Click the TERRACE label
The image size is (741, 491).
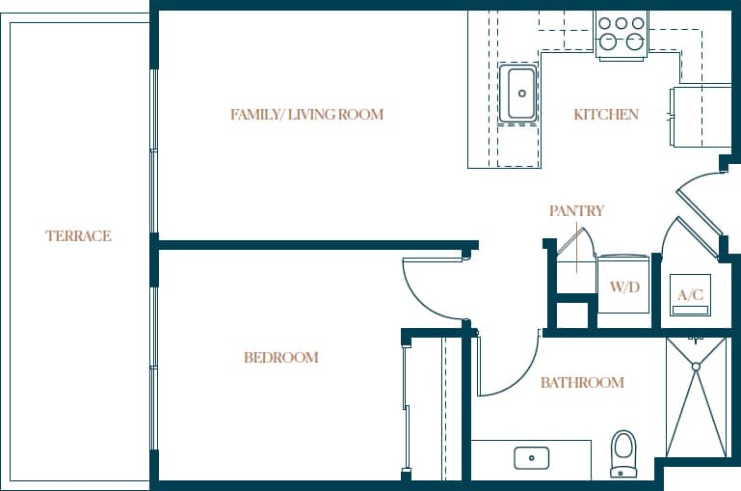click(x=78, y=235)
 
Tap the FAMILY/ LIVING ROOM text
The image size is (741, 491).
click(x=306, y=115)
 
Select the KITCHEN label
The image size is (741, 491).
click(x=606, y=115)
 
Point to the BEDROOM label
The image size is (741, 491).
click(x=280, y=358)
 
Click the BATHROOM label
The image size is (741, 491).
click(x=582, y=383)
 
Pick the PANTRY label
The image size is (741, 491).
click(x=576, y=210)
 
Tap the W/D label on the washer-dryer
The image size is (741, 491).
click(x=625, y=287)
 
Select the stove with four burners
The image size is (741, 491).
click(x=622, y=33)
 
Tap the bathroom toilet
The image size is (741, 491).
click(x=624, y=452)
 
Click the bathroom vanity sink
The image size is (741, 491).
click(x=531, y=456)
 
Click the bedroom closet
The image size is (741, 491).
click(x=424, y=405)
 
